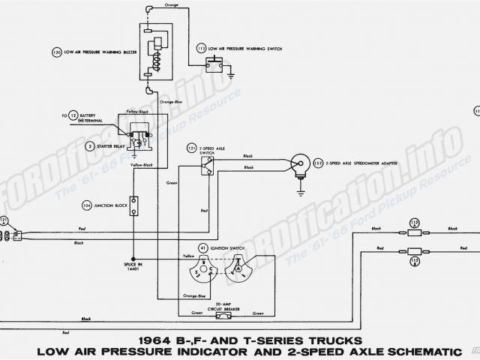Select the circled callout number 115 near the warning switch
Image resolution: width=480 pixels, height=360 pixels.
[x=202, y=49]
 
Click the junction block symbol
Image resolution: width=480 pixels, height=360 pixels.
[x=134, y=203]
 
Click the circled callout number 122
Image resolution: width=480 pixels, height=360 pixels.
[x=319, y=161]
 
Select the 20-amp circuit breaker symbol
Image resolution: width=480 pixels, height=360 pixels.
[x=223, y=295]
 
